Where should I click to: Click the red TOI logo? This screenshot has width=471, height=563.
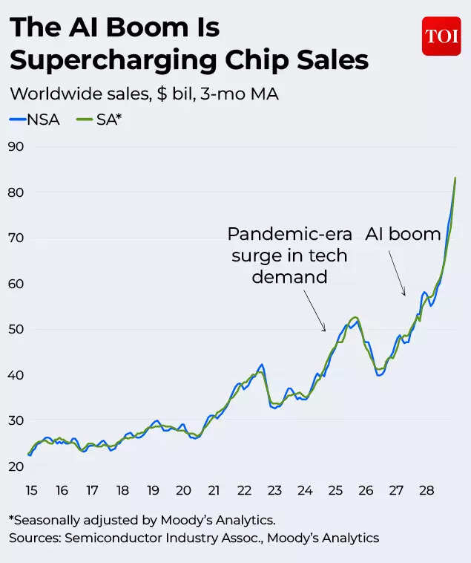tap(441, 36)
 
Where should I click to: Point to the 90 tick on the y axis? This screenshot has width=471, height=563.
tap(16, 146)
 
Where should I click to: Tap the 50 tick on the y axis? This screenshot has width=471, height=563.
tap(16, 329)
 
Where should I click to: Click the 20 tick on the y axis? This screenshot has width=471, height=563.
tap(16, 466)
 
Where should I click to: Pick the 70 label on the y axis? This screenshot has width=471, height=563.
tap(16, 238)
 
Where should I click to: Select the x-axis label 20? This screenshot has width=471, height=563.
tap(183, 490)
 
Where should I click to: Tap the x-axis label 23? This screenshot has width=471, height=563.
tap(274, 490)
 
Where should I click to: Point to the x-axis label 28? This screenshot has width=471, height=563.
tap(426, 490)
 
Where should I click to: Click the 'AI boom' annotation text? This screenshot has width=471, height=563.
tap(403, 234)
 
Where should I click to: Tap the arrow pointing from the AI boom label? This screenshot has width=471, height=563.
tap(397, 273)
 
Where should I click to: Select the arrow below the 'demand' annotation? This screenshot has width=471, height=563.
tap(314, 310)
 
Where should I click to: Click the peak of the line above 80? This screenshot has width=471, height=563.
tap(455, 178)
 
